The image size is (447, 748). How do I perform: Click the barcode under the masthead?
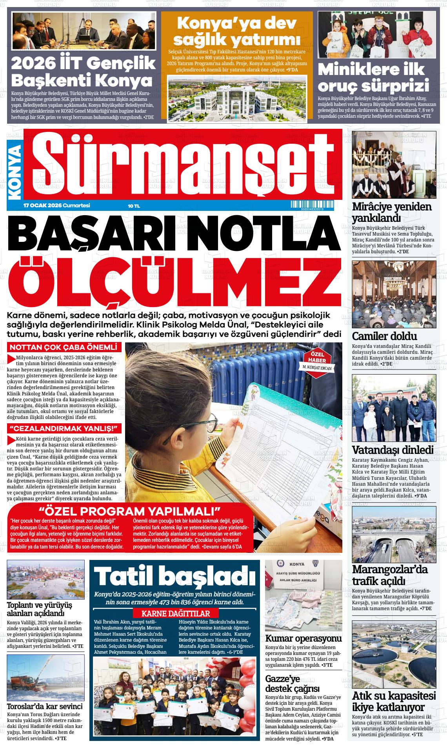pyautogui.click(x=312, y=205)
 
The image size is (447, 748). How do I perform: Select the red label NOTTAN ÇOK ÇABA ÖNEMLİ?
pyautogui.click(x=64, y=347)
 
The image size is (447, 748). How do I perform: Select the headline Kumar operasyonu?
pyautogui.click(x=303, y=638)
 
